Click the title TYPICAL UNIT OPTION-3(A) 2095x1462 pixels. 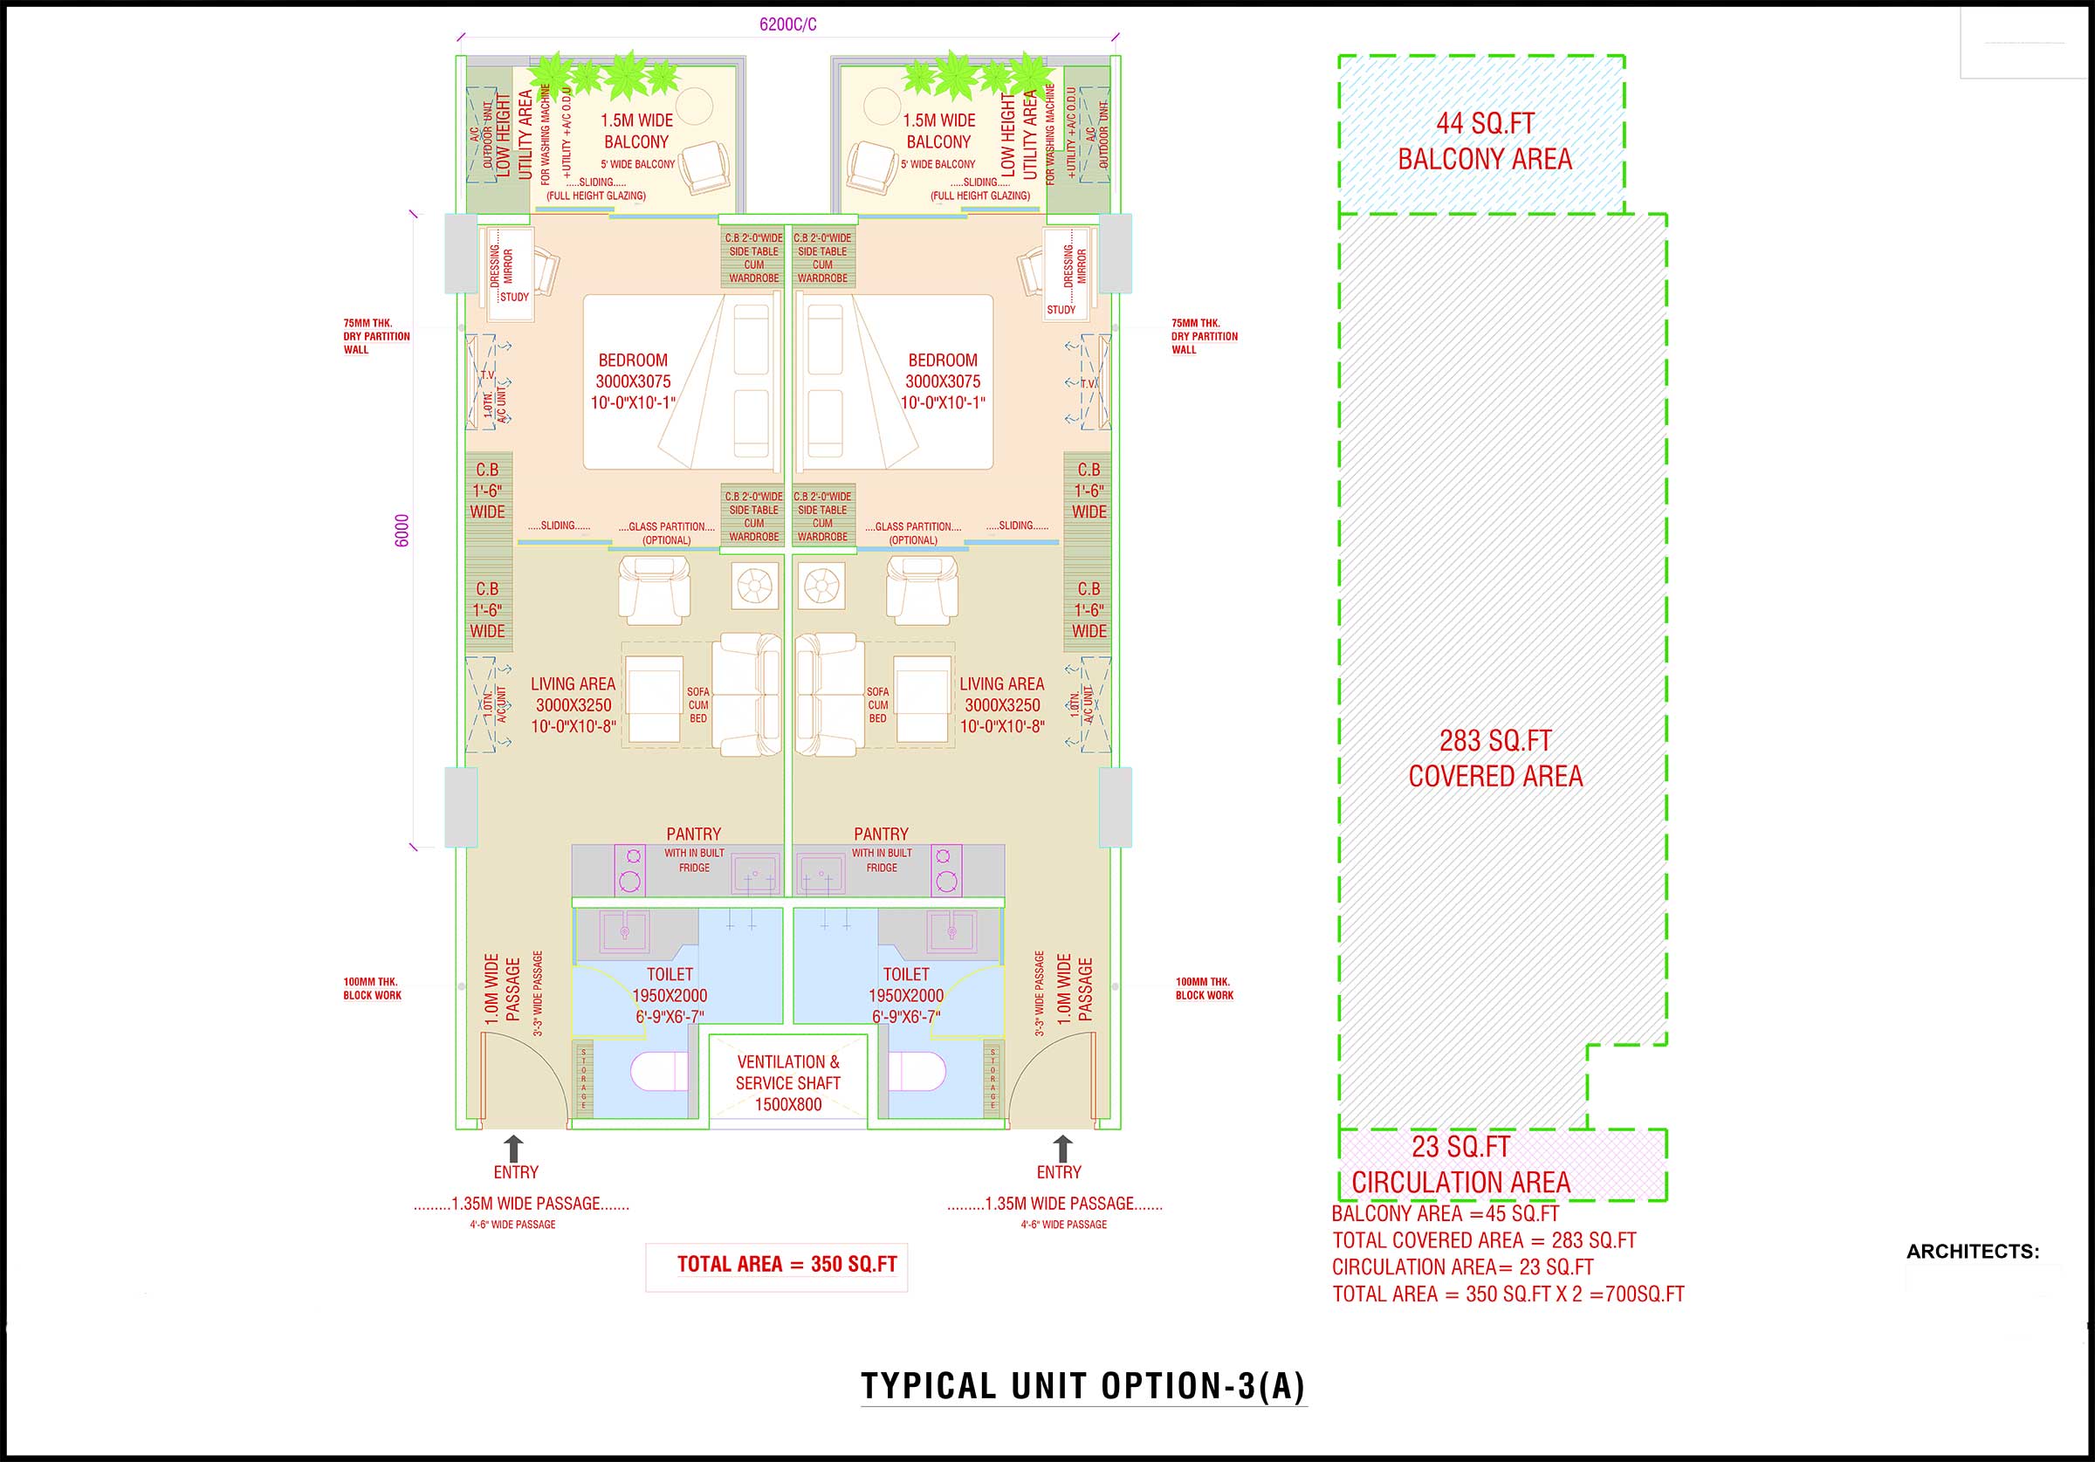(x=1083, y=1385)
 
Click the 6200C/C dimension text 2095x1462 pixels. (x=787, y=24)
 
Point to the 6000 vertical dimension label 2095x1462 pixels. (x=402, y=532)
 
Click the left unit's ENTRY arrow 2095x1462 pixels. (x=514, y=1149)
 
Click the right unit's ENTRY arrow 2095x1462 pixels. (x=1062, y=1149)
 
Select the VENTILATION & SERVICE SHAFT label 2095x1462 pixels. (x=787, y=1082)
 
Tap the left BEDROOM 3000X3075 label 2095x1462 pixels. (x=632, y=381)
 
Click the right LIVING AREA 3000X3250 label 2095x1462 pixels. (x=1001, y=704)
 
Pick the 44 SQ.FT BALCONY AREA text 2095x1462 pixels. (x=1485, y=141)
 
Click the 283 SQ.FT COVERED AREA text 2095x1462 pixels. (x=1494, y=758)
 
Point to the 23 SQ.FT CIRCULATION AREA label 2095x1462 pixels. (x=1461, y=1164)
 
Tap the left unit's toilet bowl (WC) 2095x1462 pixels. (x=659, y=1073)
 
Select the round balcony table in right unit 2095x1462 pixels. (x=881, y=106)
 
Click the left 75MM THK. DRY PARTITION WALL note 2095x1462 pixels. (x=376, y=336)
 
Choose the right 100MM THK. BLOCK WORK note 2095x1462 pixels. (x=1204, y=988)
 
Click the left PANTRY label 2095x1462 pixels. (x=692, y=834)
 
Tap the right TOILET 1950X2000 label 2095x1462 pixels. (x=905, y=996)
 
